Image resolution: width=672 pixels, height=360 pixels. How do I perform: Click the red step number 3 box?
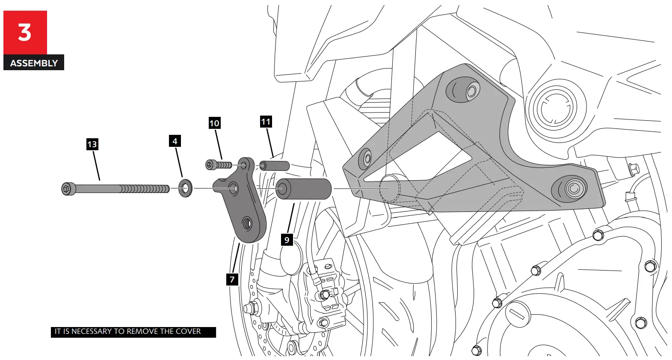(25, 33)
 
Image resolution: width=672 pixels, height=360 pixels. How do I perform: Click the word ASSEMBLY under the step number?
(34, 63)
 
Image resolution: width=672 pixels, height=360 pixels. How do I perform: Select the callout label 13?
(92, 144)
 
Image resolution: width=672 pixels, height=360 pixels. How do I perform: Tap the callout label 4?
(175, 141)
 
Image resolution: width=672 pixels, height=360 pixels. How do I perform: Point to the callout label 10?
(214, 123)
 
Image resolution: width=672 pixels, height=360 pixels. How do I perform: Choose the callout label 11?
(266, 122)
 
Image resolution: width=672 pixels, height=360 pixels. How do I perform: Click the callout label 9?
(287, 240)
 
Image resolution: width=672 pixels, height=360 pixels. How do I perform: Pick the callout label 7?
(232, 280)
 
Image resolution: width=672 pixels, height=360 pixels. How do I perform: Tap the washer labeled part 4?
(185, 188)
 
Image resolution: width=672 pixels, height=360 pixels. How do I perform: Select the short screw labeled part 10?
(219, 165)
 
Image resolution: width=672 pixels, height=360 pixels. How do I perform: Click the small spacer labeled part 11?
(274, 166)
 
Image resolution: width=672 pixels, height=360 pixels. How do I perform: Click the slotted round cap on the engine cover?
(518, 314)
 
